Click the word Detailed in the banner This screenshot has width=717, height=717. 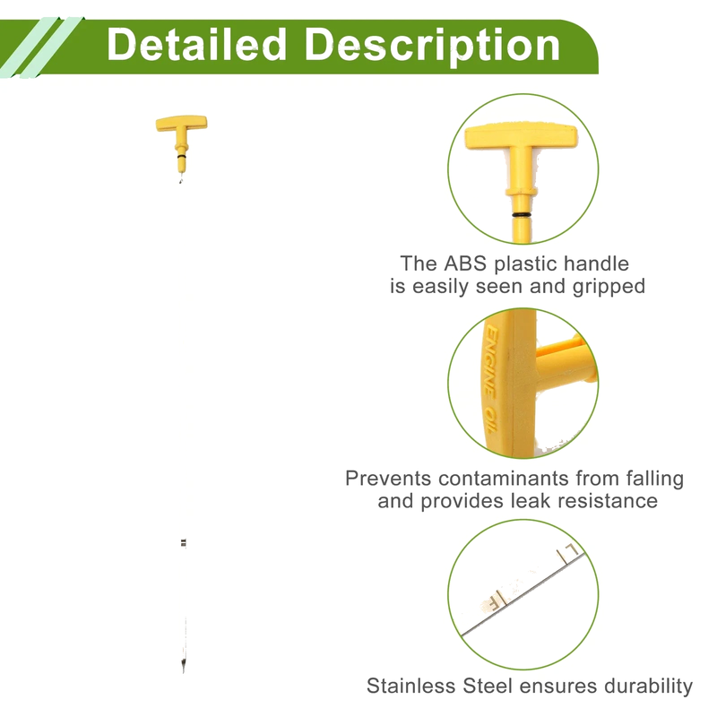[x=196, y=44]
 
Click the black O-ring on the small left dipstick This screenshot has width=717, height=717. [x=182, y=156]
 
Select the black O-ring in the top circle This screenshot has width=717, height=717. [x=522, y=214]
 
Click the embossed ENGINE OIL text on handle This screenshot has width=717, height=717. [x=490, y=379]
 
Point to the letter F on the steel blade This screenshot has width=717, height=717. [x=495, y=603]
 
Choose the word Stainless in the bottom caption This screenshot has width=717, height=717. [x=412, y=686]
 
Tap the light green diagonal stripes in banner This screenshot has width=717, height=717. [x=41, y=48]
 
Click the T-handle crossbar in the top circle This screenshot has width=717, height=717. [x=521, y=136]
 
